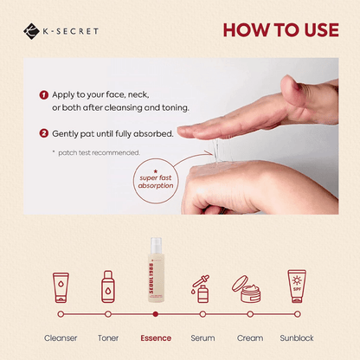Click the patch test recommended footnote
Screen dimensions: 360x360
[x=91, y=153]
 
